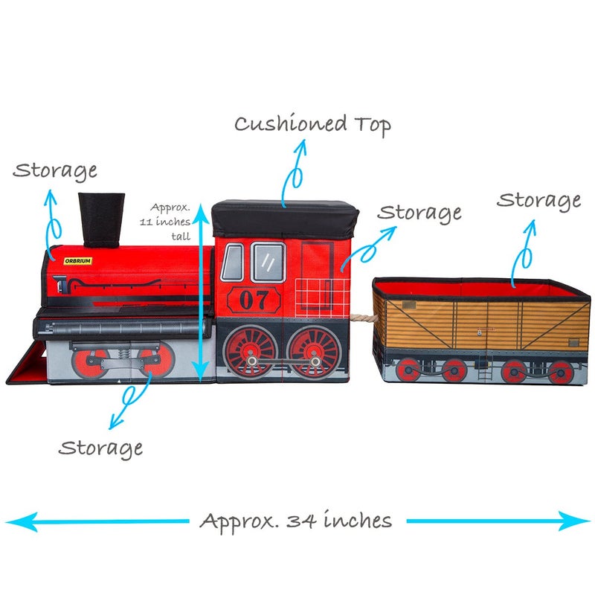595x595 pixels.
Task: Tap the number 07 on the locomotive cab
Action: point(254,300)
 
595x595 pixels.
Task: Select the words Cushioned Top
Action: point(312,124)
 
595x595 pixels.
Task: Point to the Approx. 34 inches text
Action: point(295,521)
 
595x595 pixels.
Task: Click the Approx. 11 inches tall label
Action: point(170,222)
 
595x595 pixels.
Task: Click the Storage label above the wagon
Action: point(538,200)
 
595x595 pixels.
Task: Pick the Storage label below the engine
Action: point(100,448)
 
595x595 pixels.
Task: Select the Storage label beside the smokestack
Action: point(55,170)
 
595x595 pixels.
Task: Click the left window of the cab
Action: point(232,263)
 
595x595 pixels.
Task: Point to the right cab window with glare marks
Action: point(268,262)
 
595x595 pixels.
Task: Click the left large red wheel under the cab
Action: point(251,350)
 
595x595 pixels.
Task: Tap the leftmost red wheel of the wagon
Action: point(408,369)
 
